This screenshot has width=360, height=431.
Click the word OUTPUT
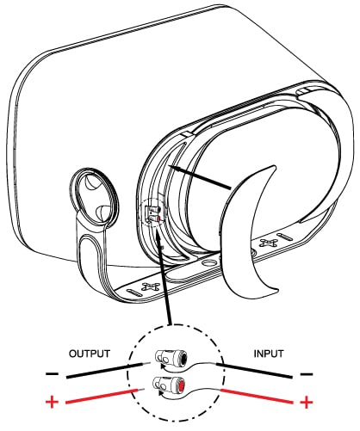[x=90, y=354]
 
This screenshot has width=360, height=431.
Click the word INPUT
[x=269, y=354]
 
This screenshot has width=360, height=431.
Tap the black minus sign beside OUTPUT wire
[x=53, y=374]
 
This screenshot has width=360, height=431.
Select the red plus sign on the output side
[x=52, y=402]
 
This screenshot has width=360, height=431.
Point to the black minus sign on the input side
[x=307, y=374]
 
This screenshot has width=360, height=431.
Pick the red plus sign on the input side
[x=307, y=403]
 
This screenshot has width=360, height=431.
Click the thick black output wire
[x=104, y=371]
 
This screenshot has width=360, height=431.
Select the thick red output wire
[x=101, y=397]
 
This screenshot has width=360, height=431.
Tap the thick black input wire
[x=255, y=371]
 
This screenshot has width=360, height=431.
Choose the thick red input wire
[x=257, y=396]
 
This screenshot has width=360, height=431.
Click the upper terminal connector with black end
[x=171, y=357]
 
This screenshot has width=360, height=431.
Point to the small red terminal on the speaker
[x=158, y=219]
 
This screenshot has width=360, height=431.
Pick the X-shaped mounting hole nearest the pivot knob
[x=151, y=286]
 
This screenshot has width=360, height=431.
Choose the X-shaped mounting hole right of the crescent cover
[x=269, y=243]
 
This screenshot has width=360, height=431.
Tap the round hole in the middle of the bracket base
[x=208, y=262]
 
